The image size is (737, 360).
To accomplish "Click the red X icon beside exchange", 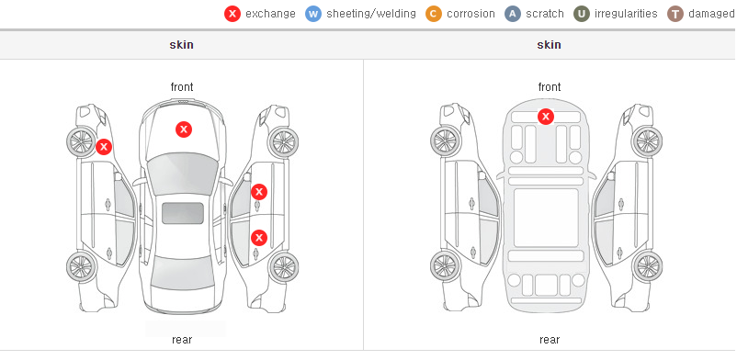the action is pos(232,14).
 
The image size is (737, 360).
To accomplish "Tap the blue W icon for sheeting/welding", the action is pos(313,14).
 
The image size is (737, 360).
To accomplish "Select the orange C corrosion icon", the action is pos(434,14).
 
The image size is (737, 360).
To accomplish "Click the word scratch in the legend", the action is pos(545,14).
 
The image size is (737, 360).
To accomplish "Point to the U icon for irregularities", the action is pos(582,14).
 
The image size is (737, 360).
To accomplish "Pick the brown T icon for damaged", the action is pos(675,14).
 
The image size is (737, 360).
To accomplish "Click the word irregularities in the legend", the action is pos(626,14).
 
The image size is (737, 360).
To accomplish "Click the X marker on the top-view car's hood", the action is pos(184,129).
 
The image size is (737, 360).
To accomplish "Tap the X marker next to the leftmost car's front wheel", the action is pos(104,147).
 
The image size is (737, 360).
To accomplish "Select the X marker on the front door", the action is pos(259,192).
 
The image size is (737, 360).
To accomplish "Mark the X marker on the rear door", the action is pos(259,237).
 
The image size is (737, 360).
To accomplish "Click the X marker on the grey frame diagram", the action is pos(545,116).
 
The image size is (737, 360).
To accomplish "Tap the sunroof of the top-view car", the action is pos(183,213).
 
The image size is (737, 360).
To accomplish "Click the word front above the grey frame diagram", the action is pos(550,87).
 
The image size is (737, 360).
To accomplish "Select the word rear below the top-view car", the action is pos(182,340).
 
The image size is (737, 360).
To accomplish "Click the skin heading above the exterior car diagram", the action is pos(181,45).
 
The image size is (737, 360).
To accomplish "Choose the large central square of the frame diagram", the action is pos(546,218).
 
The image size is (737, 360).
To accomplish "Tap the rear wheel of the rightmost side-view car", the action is pos(648,266).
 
